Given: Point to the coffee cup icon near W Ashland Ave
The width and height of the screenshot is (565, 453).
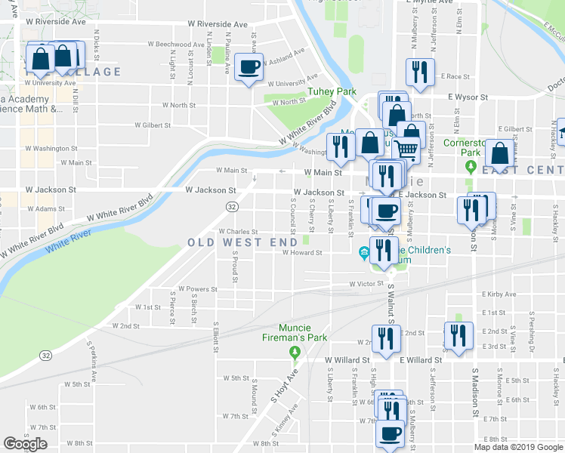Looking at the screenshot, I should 249,67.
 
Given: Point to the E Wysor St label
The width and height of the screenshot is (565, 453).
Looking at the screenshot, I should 469,97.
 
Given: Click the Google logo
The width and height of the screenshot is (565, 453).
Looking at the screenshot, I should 25,444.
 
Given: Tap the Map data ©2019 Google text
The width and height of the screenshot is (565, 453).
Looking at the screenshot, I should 519,447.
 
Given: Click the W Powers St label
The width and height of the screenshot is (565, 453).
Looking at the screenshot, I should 198,289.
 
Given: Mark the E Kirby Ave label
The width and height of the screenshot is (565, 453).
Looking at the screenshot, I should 499,294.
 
